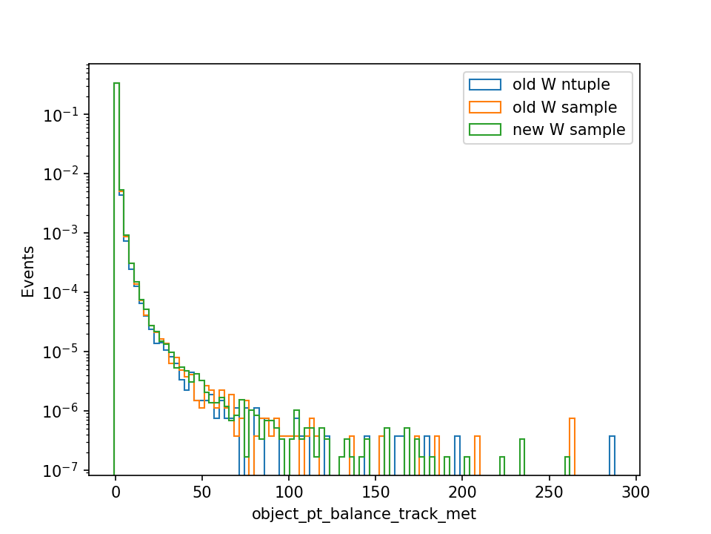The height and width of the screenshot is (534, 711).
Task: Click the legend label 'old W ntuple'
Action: tap(561, 85)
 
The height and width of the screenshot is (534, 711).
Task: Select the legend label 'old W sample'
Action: tap(564, 107)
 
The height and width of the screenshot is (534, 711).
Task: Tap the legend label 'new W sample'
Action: tap(569, 129)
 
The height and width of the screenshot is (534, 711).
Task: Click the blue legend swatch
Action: tap(485, 85)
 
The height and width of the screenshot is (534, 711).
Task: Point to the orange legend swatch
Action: tap(485, 107)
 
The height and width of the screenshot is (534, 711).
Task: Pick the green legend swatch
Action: tap(485, 129)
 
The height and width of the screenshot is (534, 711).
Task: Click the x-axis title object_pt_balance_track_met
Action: tap(364, 513)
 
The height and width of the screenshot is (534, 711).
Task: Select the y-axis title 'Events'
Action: tap(27, 271)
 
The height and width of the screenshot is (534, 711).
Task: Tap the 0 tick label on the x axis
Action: tap(116, 492)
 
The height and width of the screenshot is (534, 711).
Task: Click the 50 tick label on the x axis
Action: tap(201, 492)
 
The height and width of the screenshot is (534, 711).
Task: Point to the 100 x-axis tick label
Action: tap(289, 492)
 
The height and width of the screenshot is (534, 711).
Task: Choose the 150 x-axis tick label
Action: tap(375, 492)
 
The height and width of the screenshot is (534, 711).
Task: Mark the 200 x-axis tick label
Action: tap(462, 492)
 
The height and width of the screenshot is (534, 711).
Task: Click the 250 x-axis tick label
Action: tap(549, 492)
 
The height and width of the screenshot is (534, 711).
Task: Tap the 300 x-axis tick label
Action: tap(635, 492)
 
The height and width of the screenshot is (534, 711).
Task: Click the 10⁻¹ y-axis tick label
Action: tap(61, 116)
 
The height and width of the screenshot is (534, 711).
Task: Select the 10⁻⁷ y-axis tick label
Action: tap(61, 470)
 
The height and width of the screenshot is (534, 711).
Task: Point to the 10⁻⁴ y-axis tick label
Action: tap(61, 293)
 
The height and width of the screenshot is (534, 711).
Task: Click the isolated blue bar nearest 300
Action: tap(612, 455)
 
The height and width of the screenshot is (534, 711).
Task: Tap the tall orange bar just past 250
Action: tap(573, 446)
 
